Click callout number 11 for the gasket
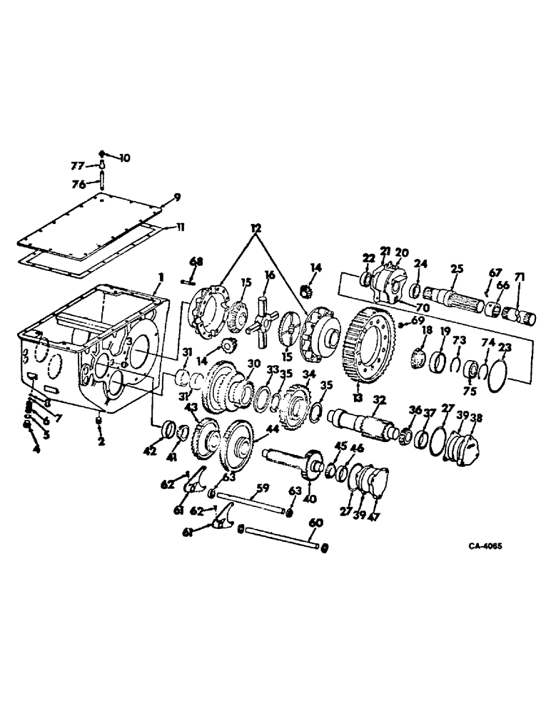point(180,227)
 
